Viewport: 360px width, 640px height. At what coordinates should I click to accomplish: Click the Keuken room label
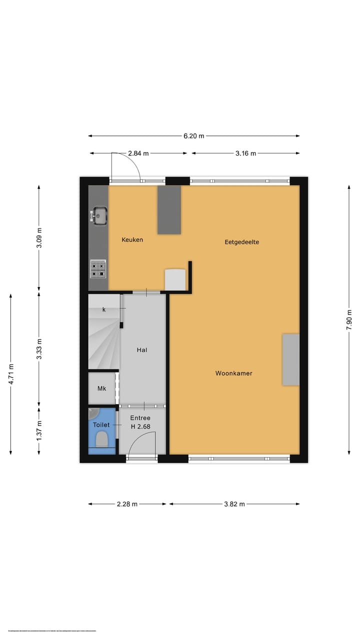click(x=132, y=239)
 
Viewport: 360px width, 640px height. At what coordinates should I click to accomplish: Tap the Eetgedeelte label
click(x=241, y=242)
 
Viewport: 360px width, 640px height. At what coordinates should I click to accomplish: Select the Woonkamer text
click(x=233, y=373)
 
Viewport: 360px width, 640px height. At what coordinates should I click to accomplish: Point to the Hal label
click(x=142, y=350)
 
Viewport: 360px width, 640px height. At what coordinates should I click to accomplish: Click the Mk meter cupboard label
click(x=102, y=388)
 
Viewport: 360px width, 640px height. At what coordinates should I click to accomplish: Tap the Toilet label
click(x=101, y=424)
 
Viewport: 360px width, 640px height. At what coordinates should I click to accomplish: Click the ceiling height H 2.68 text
click(x=140, y=426)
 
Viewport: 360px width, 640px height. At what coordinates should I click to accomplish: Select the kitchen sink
click(x=99, y=215)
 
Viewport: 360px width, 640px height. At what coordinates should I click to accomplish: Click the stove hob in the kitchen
click(x=98, y=269)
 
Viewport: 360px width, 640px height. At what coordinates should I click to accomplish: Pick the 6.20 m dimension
click(x=194, y=135)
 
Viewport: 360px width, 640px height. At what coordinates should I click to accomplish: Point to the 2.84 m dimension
click(x=138, y=153)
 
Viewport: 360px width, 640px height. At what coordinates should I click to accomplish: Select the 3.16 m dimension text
click(x=245, y=153)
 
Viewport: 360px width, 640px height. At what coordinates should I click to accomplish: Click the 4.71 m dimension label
click(x=11, y=374)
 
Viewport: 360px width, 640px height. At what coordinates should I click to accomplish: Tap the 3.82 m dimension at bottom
click(x=234, y=504)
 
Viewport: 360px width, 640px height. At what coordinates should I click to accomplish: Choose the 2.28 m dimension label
click(x=127, y=504)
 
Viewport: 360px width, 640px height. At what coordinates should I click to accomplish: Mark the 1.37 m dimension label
click(x=39, y=430)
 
